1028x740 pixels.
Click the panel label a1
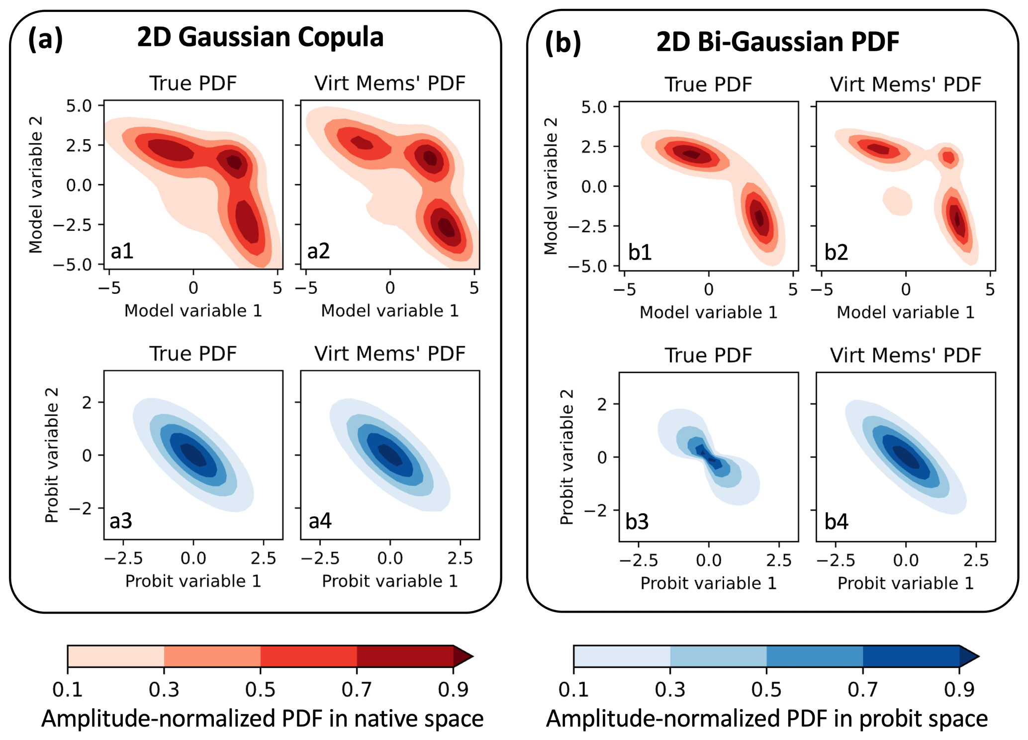pyautogui.click(x=122, y=251)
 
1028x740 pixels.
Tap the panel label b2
pyautogui.click(x=836, y=253)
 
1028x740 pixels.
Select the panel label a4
pyautogui.click(x=320, y=521)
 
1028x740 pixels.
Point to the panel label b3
pyautogui.click(x=637, y=522)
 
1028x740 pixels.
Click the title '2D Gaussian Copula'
pyautogui.click(x=260, y=37)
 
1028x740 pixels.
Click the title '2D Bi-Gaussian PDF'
pyautogui.click(x=777, y=42)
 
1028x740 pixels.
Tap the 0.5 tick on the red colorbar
pyautogui.click(x=260, y=690)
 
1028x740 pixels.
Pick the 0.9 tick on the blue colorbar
pyautogui.click(x=959, y=690)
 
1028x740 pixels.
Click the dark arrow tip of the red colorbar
pyautogui.click(x=463, y=656)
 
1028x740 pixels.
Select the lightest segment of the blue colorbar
pyautogui.click(x=622, y=656)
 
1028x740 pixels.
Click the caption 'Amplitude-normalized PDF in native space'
pyautogui.click(x=262, y=719)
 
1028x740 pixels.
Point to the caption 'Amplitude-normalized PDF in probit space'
pyautogui.click(x=766, y=719)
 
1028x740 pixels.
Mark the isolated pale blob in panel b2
pyautogui.click(x=897, y=201)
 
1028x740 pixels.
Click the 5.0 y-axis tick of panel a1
pyautogui.click(x=79, y=106)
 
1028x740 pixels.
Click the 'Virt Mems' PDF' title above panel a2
pyautogui.click(x=390, y=84)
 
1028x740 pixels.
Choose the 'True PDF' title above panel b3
pyautogui.click(x=708, y=356)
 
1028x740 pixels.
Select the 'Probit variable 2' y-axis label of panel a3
pyautogui.click(x=52, y=455)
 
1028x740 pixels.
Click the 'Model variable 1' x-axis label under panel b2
pyautogui.click(x=905, y=312)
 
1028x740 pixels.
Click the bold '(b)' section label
pyautogui.click(x=563, y=43)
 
